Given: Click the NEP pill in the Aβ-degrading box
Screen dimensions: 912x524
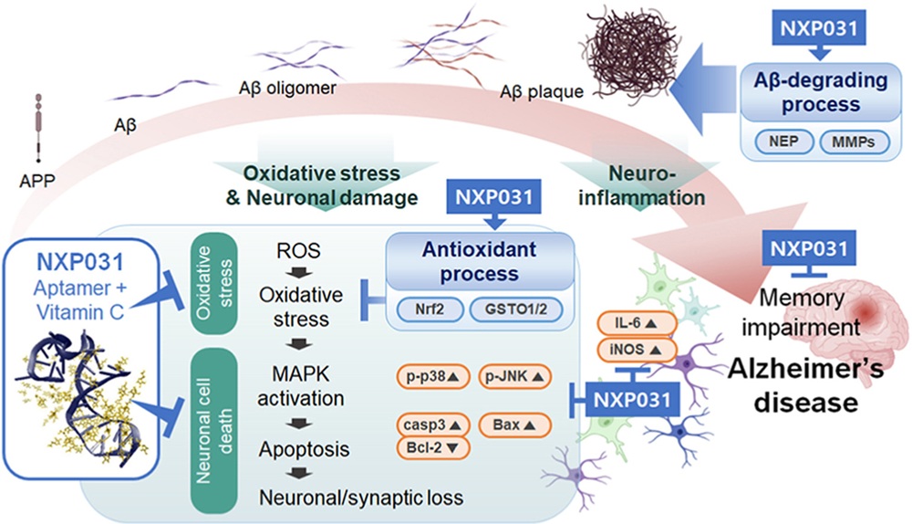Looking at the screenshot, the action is pyautogui.click(x=783, y=141).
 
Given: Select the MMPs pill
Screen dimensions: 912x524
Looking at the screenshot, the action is pyautogui.click(x=854, y=142).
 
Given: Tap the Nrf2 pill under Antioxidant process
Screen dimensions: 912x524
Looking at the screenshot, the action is pyautogui.click(x=430, y=309).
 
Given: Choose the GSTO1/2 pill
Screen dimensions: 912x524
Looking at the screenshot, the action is pyautogui.click(x=516, y=309).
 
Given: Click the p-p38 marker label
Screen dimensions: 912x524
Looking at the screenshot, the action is pyautogui.click(x=432, y=377).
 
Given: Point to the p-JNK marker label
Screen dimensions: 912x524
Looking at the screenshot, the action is pyautogui.click(x=514, y=377).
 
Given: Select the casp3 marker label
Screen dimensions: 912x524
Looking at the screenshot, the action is pyautogui.click(x=432, y=425).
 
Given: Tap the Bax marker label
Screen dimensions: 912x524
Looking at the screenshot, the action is pyautogui.click(x=514, y=425).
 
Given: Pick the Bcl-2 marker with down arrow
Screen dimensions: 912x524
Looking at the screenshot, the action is pyautogui.click(x=432, y=447).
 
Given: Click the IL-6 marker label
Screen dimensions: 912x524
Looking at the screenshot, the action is pyautogui.click(x=637, y=323).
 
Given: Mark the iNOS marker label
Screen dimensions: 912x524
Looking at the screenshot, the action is pyautogui.click(x=637, y=350).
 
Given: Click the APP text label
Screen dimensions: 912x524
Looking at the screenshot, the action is pyautogui.click(x=37, y=181).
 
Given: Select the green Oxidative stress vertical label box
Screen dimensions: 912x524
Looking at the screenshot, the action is pyautogui.click(x=214, y=283).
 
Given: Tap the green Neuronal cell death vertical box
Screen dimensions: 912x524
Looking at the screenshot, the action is pyautogui.click(x=214, y=431).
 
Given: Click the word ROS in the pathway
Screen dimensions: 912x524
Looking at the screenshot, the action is pyautogui.click(x=298, y=251).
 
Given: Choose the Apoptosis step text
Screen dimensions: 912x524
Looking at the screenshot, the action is pyautogui.click(x=305, y=449).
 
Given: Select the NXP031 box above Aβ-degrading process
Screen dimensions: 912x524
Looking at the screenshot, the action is pyautogui.click(x=819, y=28).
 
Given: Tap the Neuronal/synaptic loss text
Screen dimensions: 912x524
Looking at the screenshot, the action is pyautogui.click(x=361, y=498).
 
